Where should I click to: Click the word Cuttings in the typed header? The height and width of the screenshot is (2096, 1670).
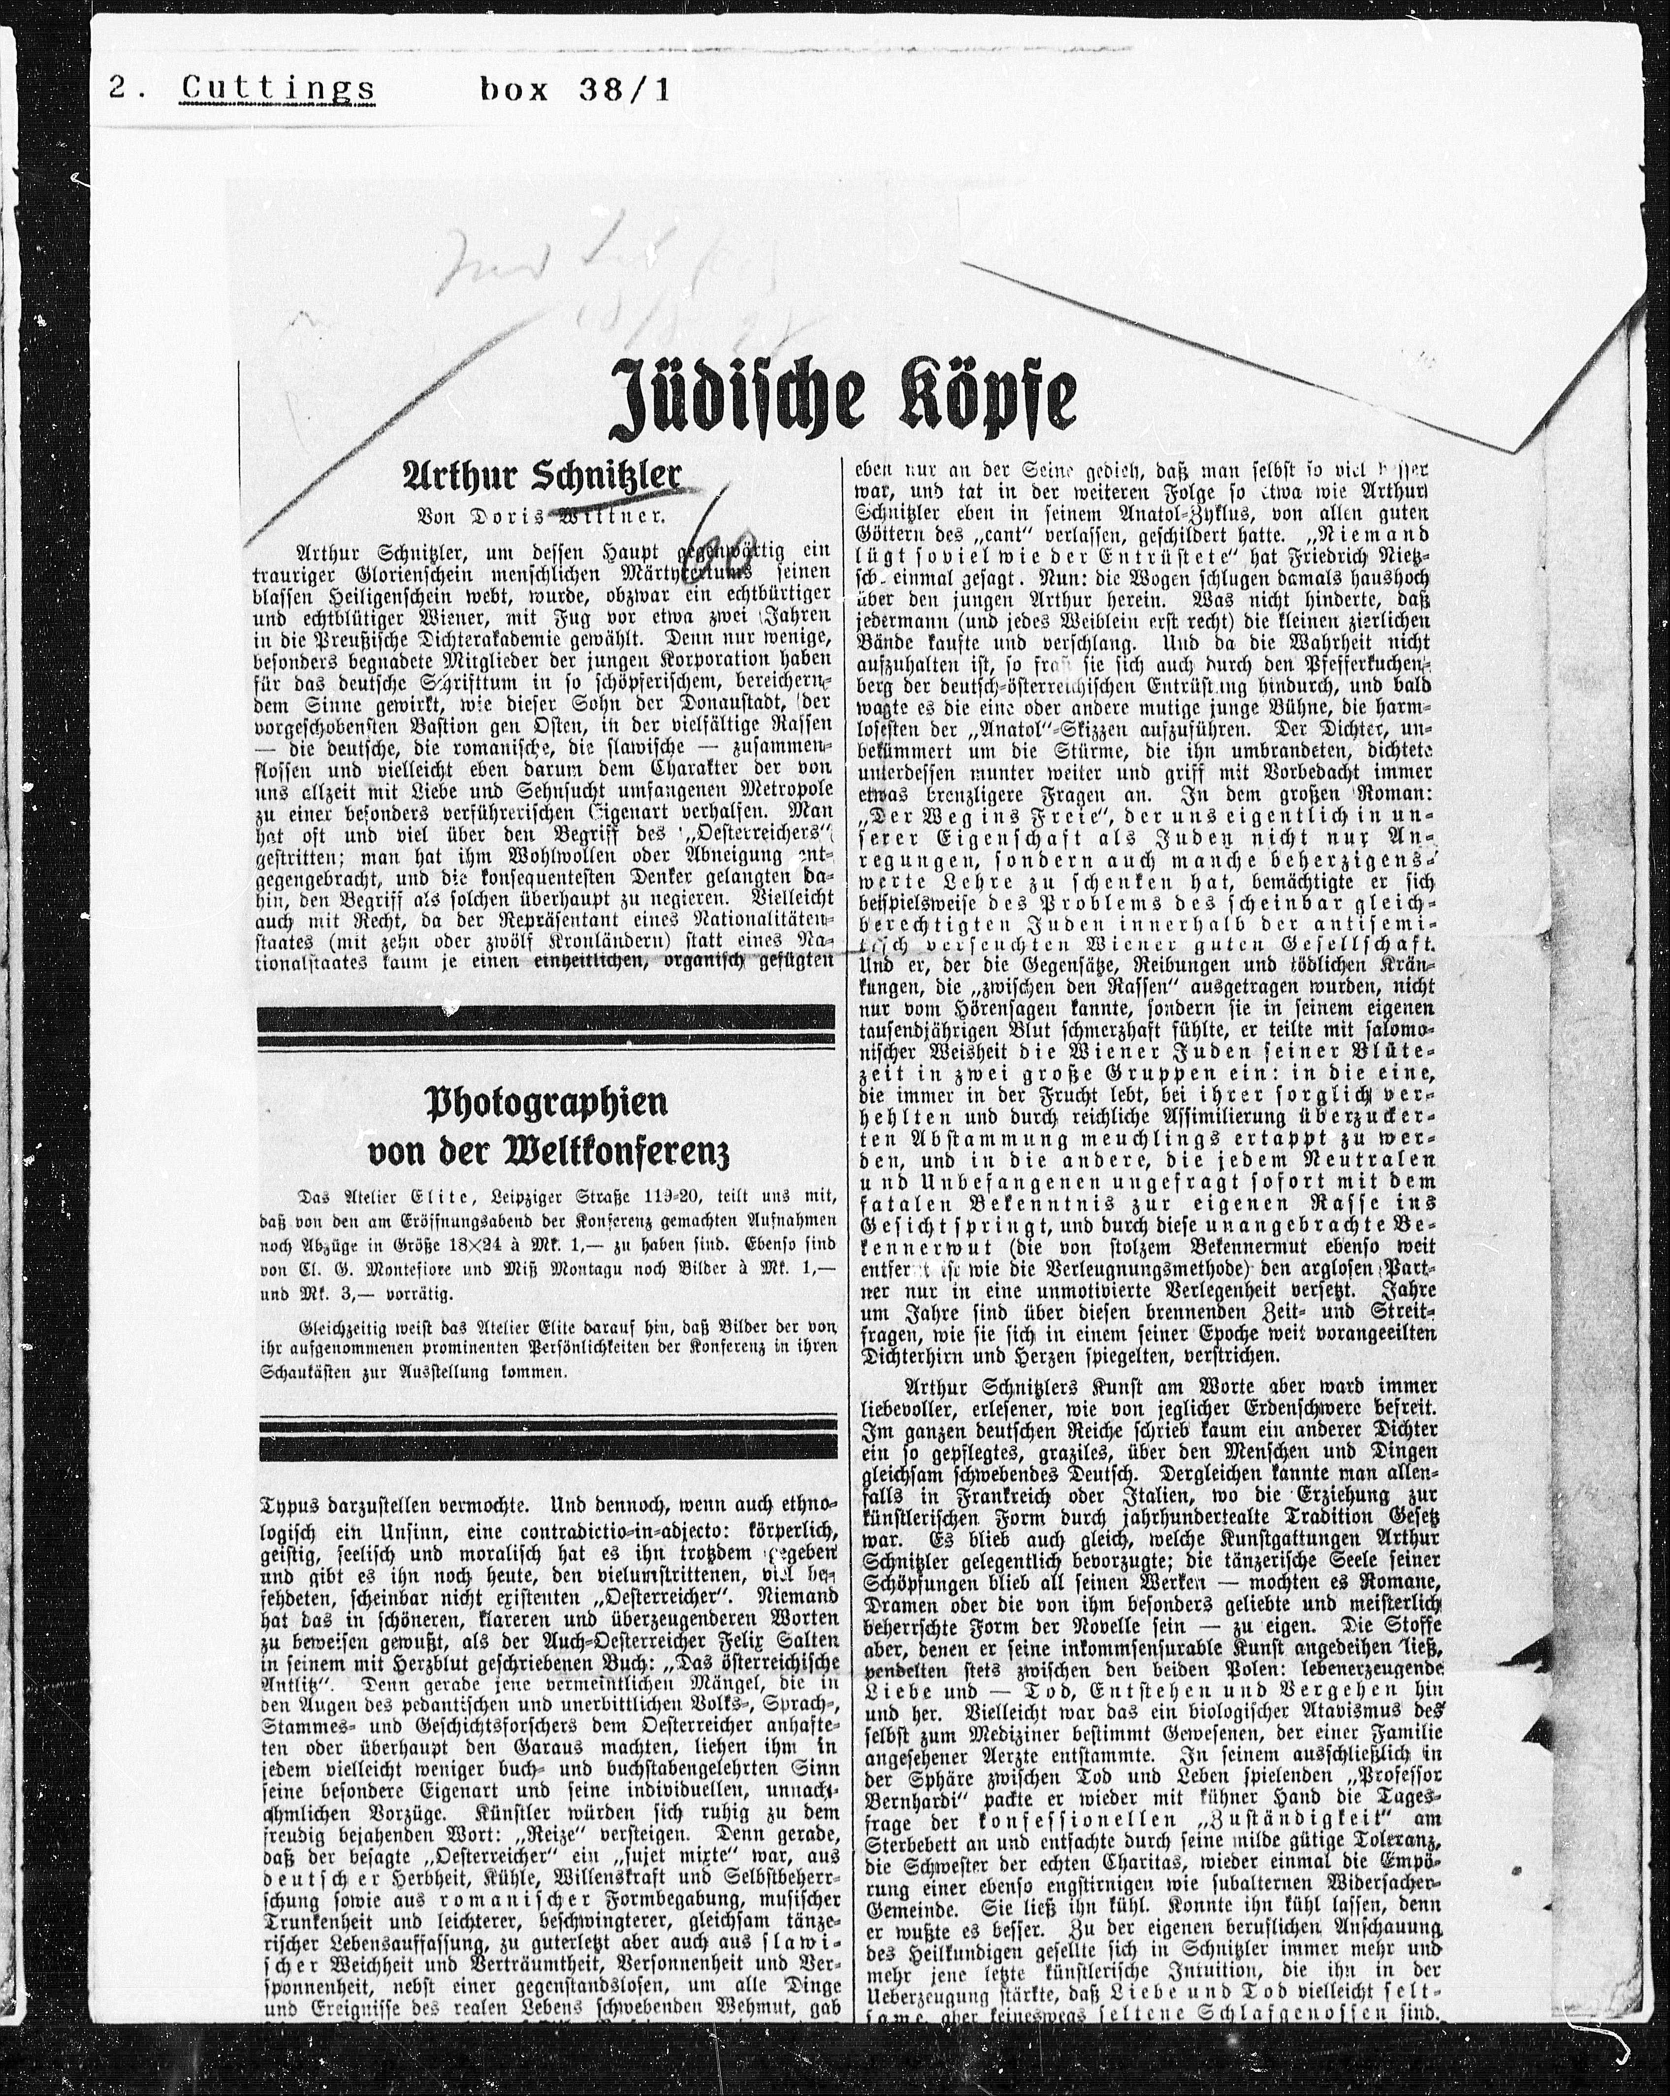tap(278, 90)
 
